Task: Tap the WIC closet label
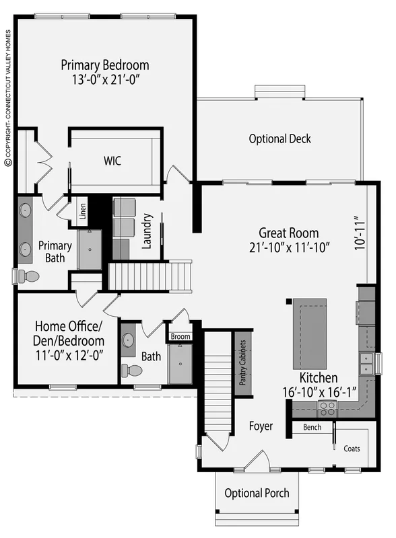tap(112, 161)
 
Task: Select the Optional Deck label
tap(279, 139)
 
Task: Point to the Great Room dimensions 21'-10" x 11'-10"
tap(290, 247)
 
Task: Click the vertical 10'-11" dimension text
tap(359, 233)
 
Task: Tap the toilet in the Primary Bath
tap(27, 276)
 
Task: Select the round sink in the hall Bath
tap(128, 340)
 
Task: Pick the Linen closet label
tap(82, 211)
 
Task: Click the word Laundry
tap(147, 231)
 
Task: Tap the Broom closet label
tap(180, 336)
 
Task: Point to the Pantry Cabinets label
tap(242, 362)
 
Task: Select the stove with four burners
tap(327, 408)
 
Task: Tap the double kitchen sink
tap(366, 363)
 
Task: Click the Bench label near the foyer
tap(312, 427)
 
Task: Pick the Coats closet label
tap(352, 449)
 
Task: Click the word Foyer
tap(261, 426)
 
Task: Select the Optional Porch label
tap(257, 494)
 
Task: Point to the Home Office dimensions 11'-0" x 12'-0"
tap(69, 355)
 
